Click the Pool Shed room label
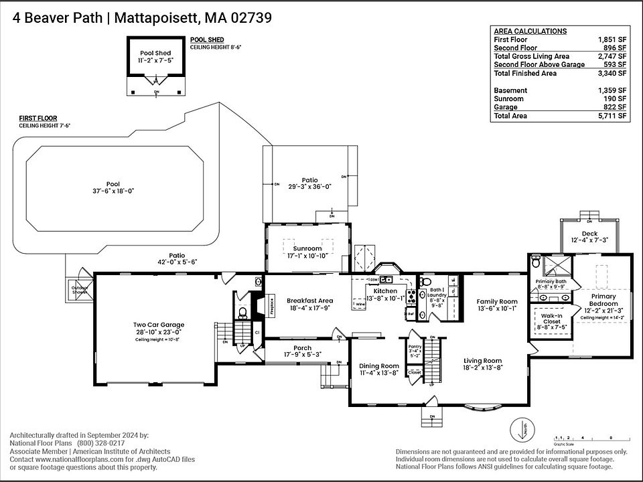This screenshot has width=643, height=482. point(155,53)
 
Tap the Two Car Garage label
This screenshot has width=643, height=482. point(158,325)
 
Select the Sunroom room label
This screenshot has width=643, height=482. point(307,248)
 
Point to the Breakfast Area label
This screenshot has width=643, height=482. point(309,301)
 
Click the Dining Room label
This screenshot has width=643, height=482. point(379,366)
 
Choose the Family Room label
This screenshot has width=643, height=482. point(496,302)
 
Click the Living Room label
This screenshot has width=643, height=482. point(483,361)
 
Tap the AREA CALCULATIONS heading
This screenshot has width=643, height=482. point(530,31)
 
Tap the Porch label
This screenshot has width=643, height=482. point(302,348)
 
